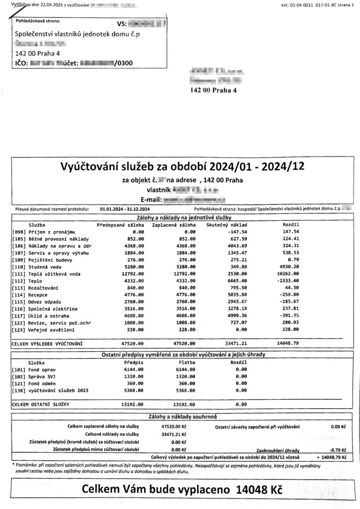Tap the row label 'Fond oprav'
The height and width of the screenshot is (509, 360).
pyautogui.click(x=44, y=369)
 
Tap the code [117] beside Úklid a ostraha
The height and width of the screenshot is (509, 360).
pyautogui.click(x=18, y=316)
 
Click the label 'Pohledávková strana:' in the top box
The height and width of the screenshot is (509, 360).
pyautogui.click(x=38, y=22)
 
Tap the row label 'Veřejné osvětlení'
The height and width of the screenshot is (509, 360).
pyautogui.click(x=52, y=330)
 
